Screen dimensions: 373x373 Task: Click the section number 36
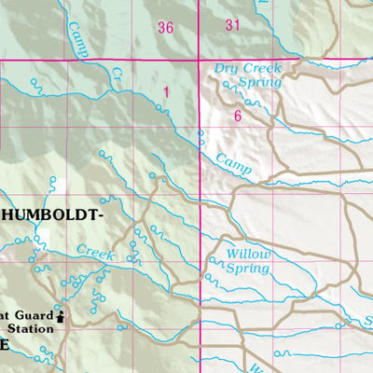pos(166,28)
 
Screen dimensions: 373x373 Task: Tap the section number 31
pos(232,25)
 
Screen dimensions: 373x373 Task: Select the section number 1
pos(166,91)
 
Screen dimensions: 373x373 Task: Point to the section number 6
pos(238,116)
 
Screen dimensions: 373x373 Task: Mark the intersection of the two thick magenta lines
pos(201,62)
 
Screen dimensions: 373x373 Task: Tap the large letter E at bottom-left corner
pos(5,345)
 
